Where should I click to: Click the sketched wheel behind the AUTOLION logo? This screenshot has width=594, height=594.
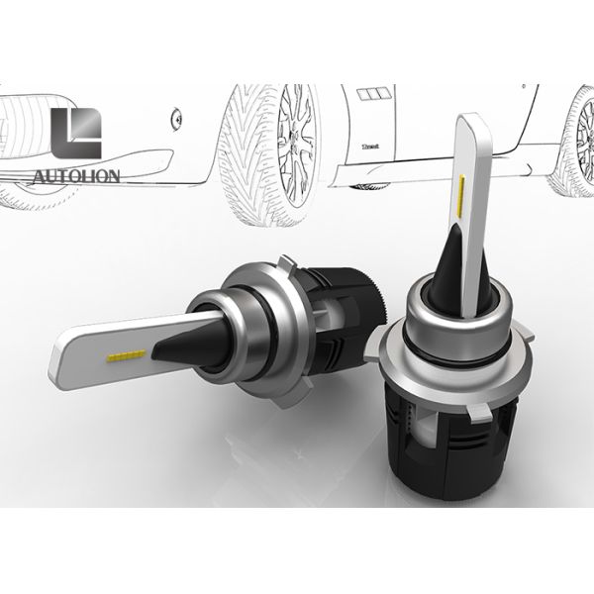coord(20,148)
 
